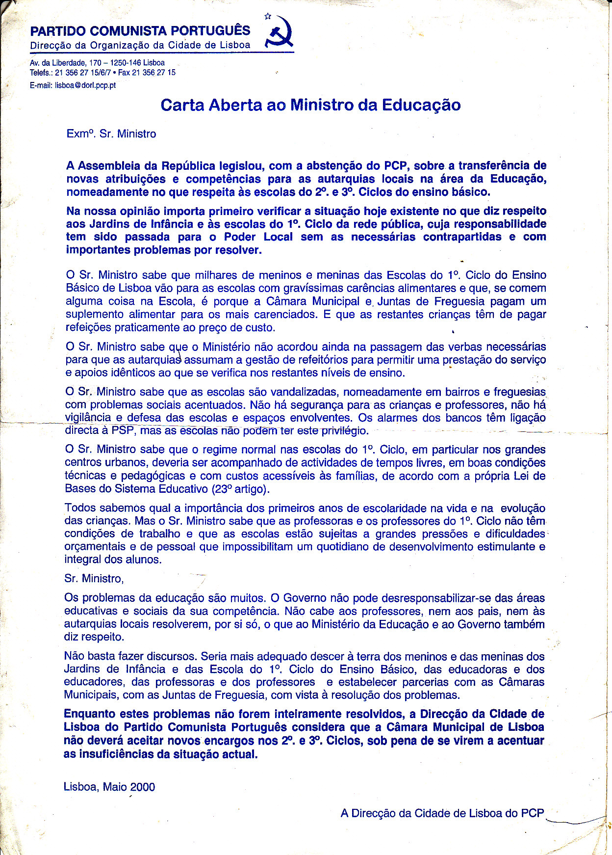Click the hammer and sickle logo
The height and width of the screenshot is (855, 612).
point(280,33)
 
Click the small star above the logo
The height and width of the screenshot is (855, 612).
point(268,16)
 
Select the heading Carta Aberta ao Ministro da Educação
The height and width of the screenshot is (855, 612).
point(310,105)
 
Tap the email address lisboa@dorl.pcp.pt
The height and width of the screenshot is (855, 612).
point(85,85)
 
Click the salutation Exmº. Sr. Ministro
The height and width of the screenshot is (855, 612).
point(111,134)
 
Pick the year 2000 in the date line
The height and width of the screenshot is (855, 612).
point(143,787)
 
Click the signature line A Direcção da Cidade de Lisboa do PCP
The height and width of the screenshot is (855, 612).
point(442,813)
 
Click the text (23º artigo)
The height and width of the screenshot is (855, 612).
point(240,489)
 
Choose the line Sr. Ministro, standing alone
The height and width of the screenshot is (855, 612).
point(94,579)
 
